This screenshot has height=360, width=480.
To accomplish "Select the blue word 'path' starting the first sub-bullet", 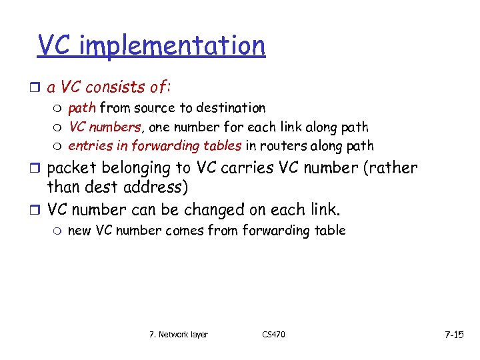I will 81,108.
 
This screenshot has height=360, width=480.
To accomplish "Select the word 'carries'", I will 245,168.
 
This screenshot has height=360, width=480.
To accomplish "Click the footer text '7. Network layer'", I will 178,334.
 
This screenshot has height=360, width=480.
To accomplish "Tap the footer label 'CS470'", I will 273,334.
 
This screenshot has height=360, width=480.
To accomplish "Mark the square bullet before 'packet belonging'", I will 38,169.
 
